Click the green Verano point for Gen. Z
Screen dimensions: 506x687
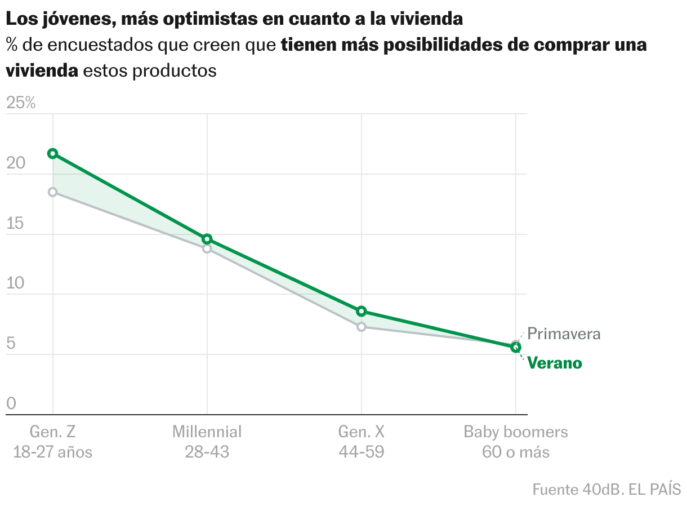(52, 153)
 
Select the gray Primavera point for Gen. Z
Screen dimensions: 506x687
(52, 192)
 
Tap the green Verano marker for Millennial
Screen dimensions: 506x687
(207, 239)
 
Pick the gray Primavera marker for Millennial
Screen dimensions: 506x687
(207, 248)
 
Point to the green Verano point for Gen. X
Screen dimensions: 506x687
(362, 311)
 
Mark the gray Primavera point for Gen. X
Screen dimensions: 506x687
(362, 327)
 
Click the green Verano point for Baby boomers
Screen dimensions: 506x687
(515, 347)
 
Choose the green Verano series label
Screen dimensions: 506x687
(555, 363)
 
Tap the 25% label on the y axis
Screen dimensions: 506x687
(21, 103)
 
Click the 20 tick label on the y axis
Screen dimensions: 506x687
(16, 163)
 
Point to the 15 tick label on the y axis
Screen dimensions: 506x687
(16, 224)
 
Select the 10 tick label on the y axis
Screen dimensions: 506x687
(16, 283)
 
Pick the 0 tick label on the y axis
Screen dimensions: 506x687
(11, 403)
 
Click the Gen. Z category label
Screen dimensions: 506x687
(52, 432)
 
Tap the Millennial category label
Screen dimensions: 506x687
(207, 432)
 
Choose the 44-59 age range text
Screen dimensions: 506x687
(362, 452)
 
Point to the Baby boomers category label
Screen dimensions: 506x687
(516, 432)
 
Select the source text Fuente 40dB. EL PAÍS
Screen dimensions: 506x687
(606, 489)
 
